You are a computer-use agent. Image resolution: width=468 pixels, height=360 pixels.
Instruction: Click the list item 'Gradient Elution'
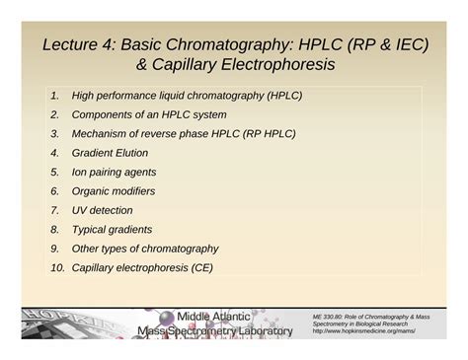coord(110,153)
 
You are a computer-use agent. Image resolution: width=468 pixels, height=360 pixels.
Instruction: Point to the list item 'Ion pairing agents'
coord(115,172)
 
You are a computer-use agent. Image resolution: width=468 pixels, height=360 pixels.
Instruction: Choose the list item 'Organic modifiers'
coord(113,191)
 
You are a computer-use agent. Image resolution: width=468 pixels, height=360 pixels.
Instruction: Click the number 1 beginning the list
coord(54,96)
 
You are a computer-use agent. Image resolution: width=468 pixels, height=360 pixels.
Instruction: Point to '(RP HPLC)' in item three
coord(268,134)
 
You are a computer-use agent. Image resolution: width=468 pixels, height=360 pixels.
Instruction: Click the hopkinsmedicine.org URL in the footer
coord(363,331)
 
